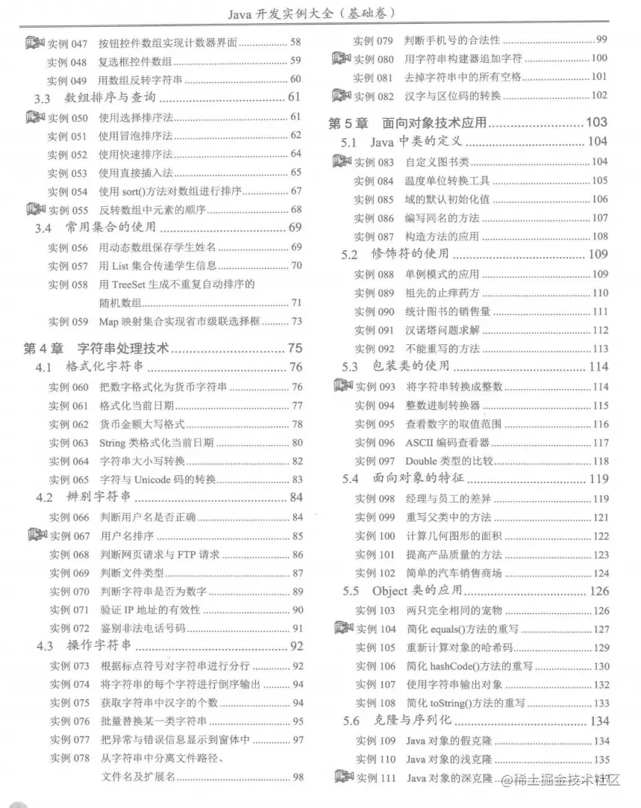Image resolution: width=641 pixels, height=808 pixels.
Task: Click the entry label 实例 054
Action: point(68,191)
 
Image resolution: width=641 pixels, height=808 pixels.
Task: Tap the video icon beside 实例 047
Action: point(34,43)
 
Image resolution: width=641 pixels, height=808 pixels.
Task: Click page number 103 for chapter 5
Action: point(597,122)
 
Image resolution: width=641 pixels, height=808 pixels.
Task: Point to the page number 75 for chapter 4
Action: point(295,348)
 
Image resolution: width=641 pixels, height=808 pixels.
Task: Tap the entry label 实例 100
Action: point(375,536)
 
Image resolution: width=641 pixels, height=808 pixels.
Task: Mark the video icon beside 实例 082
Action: point(341,95)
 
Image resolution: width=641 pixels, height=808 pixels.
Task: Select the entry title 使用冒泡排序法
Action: point(135,136)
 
